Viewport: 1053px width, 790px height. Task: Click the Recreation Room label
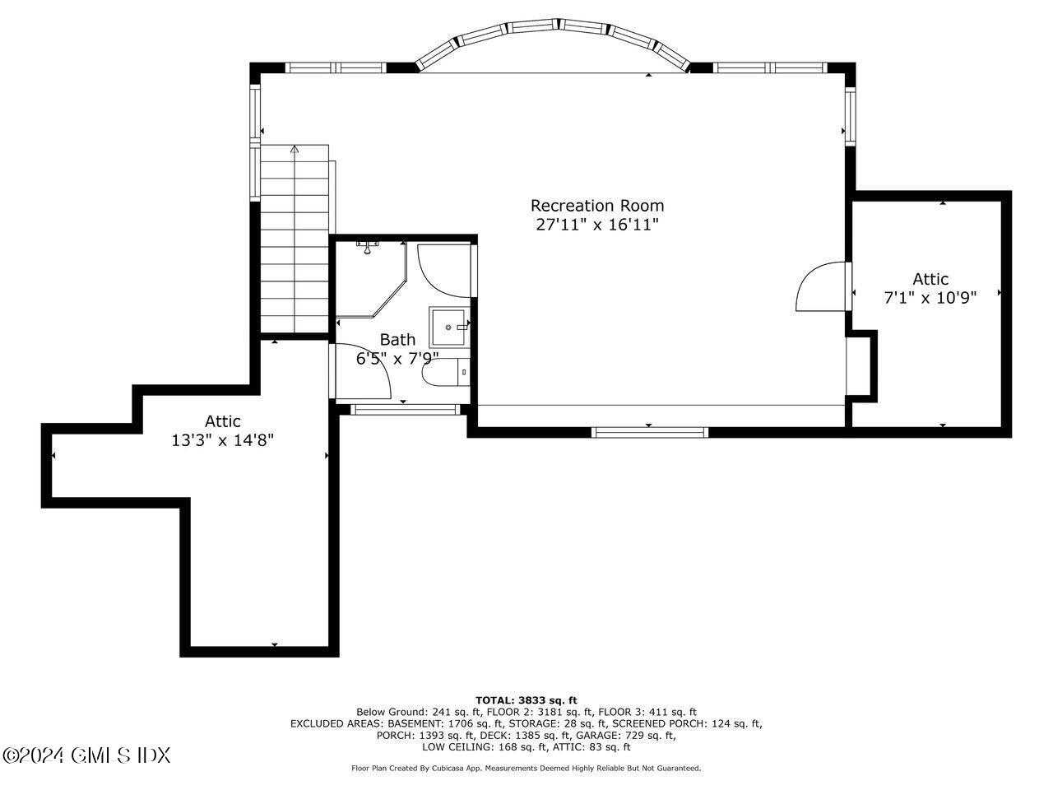(x=596, y=206)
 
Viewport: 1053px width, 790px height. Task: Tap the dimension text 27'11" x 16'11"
(x=596, y=225)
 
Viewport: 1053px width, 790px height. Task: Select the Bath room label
(x=397, y=339)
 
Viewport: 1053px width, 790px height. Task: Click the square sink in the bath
(x=448, y=327)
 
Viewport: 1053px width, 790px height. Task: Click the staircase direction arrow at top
(x=295, y=150)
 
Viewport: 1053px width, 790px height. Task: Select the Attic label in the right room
(x=930, y=279)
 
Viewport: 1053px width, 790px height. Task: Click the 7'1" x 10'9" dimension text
(x=930, y=298)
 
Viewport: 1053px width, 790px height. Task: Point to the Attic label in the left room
(x=222, y=421)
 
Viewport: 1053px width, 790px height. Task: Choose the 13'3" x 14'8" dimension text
(x=222, y=440)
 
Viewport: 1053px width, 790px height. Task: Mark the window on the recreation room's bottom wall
(x=650, y=431)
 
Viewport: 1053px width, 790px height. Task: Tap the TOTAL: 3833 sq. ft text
(x=526, y=699)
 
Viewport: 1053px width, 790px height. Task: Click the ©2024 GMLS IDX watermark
(x=86, y=754)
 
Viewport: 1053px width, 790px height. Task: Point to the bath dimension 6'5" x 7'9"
(x=397, y=358)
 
